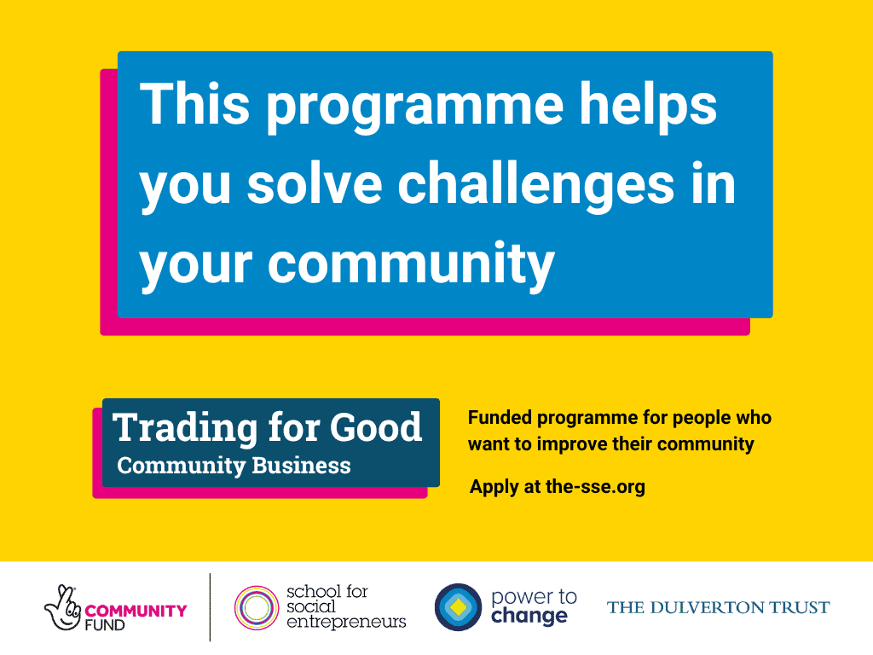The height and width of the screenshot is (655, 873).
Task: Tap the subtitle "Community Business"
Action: (x=234, y=466)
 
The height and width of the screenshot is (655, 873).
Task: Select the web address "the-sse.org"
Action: (x=595, y=488)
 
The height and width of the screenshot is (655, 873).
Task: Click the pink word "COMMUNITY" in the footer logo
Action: (x=136, y=611)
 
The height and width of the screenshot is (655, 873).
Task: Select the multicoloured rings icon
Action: (x=257, y=607)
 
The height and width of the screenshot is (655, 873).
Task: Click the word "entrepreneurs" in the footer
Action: (x=346, y=622)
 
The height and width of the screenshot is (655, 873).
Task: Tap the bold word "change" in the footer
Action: (x=529, y=616)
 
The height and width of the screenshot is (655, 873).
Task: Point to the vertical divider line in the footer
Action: (x=210, y=607)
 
